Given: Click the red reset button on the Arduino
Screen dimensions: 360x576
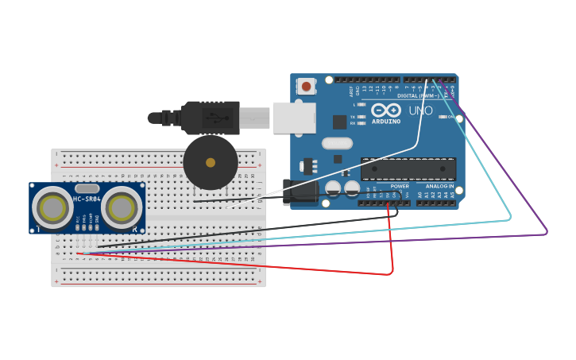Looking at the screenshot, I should [306, 86].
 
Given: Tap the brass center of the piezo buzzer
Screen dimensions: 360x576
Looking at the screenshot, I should [211, 163].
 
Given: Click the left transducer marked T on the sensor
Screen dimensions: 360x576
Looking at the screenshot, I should [52, 208].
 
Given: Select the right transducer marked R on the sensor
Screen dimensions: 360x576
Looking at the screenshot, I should [122, 208].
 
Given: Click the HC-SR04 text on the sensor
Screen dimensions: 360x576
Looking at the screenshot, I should [87, 199].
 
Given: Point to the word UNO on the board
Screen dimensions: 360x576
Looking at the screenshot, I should [420, 111].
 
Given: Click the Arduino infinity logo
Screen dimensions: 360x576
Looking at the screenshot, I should [386, 110].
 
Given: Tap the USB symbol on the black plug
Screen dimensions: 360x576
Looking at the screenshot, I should [217, 118].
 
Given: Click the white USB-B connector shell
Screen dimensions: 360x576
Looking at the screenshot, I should [294, 118].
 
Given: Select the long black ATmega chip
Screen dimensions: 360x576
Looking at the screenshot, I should [408, 168].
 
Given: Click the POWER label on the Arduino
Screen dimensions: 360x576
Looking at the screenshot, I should [400, 186].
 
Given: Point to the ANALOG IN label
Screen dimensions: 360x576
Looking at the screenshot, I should [439, 186].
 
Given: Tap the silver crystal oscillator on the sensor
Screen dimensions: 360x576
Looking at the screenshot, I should [87, 188].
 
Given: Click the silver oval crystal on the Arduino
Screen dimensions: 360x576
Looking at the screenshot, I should [337, 143].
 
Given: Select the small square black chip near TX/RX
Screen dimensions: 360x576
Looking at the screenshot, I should [339, 122].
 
